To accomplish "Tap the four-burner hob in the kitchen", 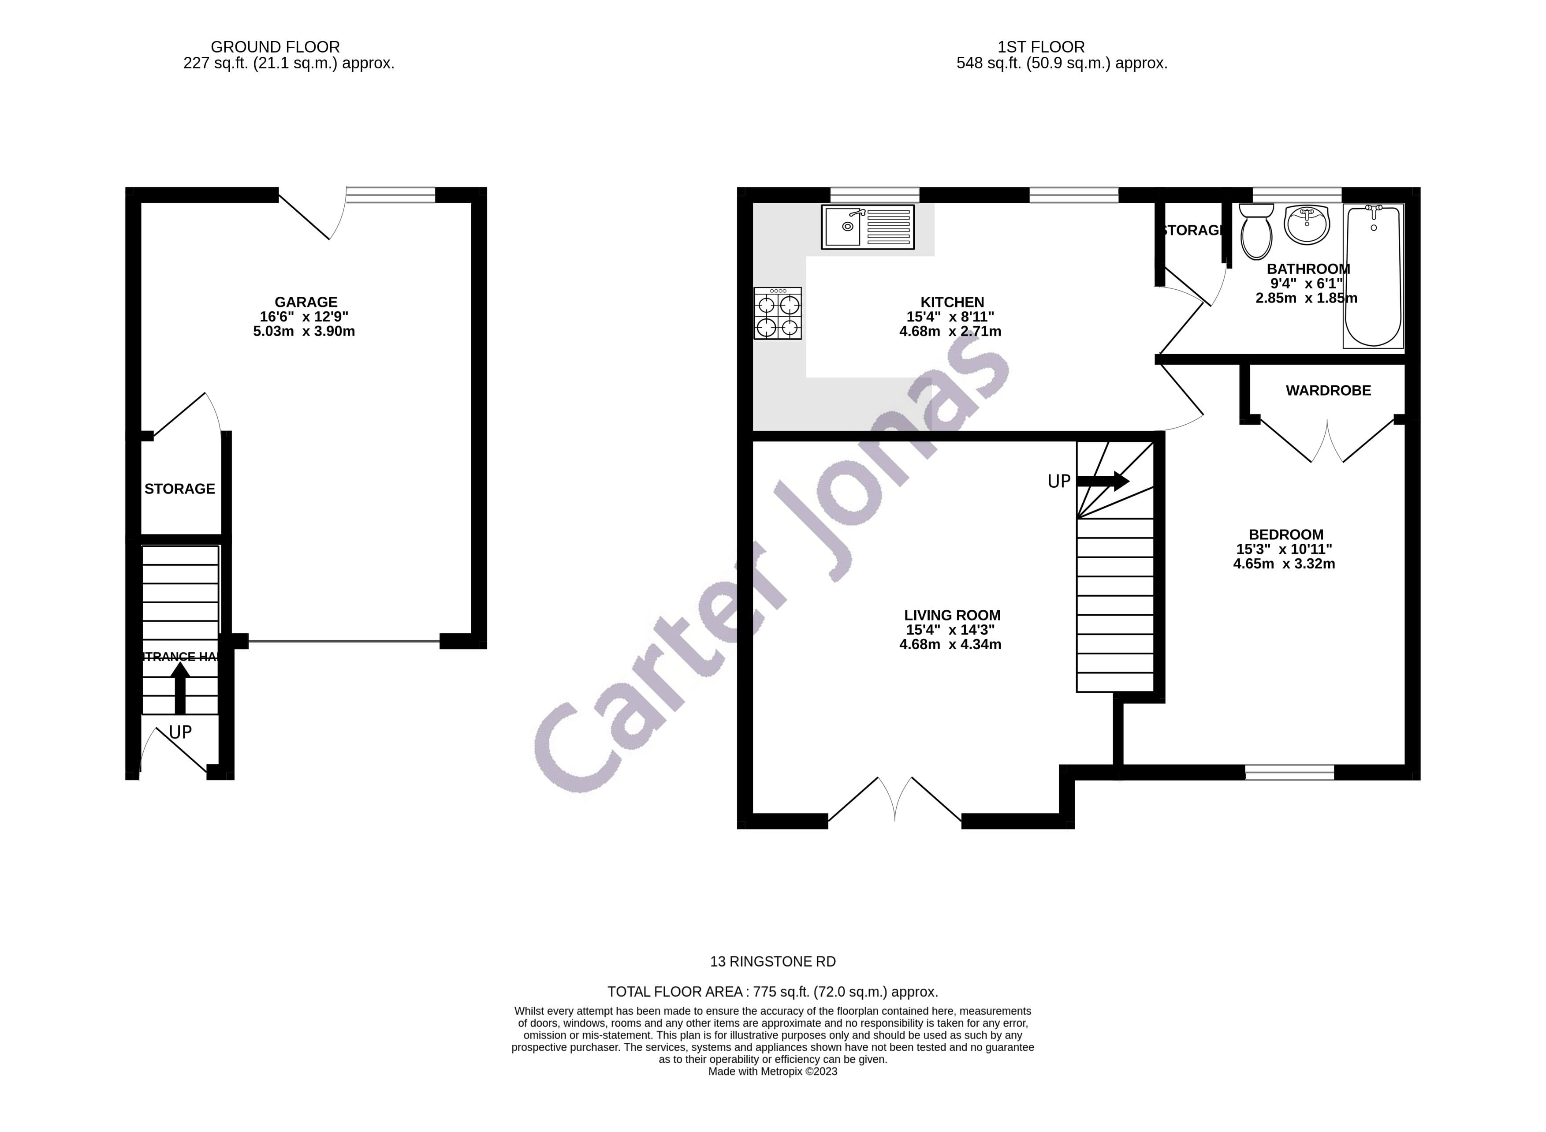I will coord(778,313).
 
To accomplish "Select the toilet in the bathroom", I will coord(1256,231).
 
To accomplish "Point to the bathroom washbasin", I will coord(1306,224).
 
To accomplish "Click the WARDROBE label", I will coord(1327,391).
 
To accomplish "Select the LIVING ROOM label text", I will coord(951,615).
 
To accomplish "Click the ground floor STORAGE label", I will coord(179,489).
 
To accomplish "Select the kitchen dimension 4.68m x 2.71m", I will coord(950,332).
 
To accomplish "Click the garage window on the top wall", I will coord(391,195).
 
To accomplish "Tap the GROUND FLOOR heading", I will coord(275,47).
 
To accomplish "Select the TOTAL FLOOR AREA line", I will coord(772,991).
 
